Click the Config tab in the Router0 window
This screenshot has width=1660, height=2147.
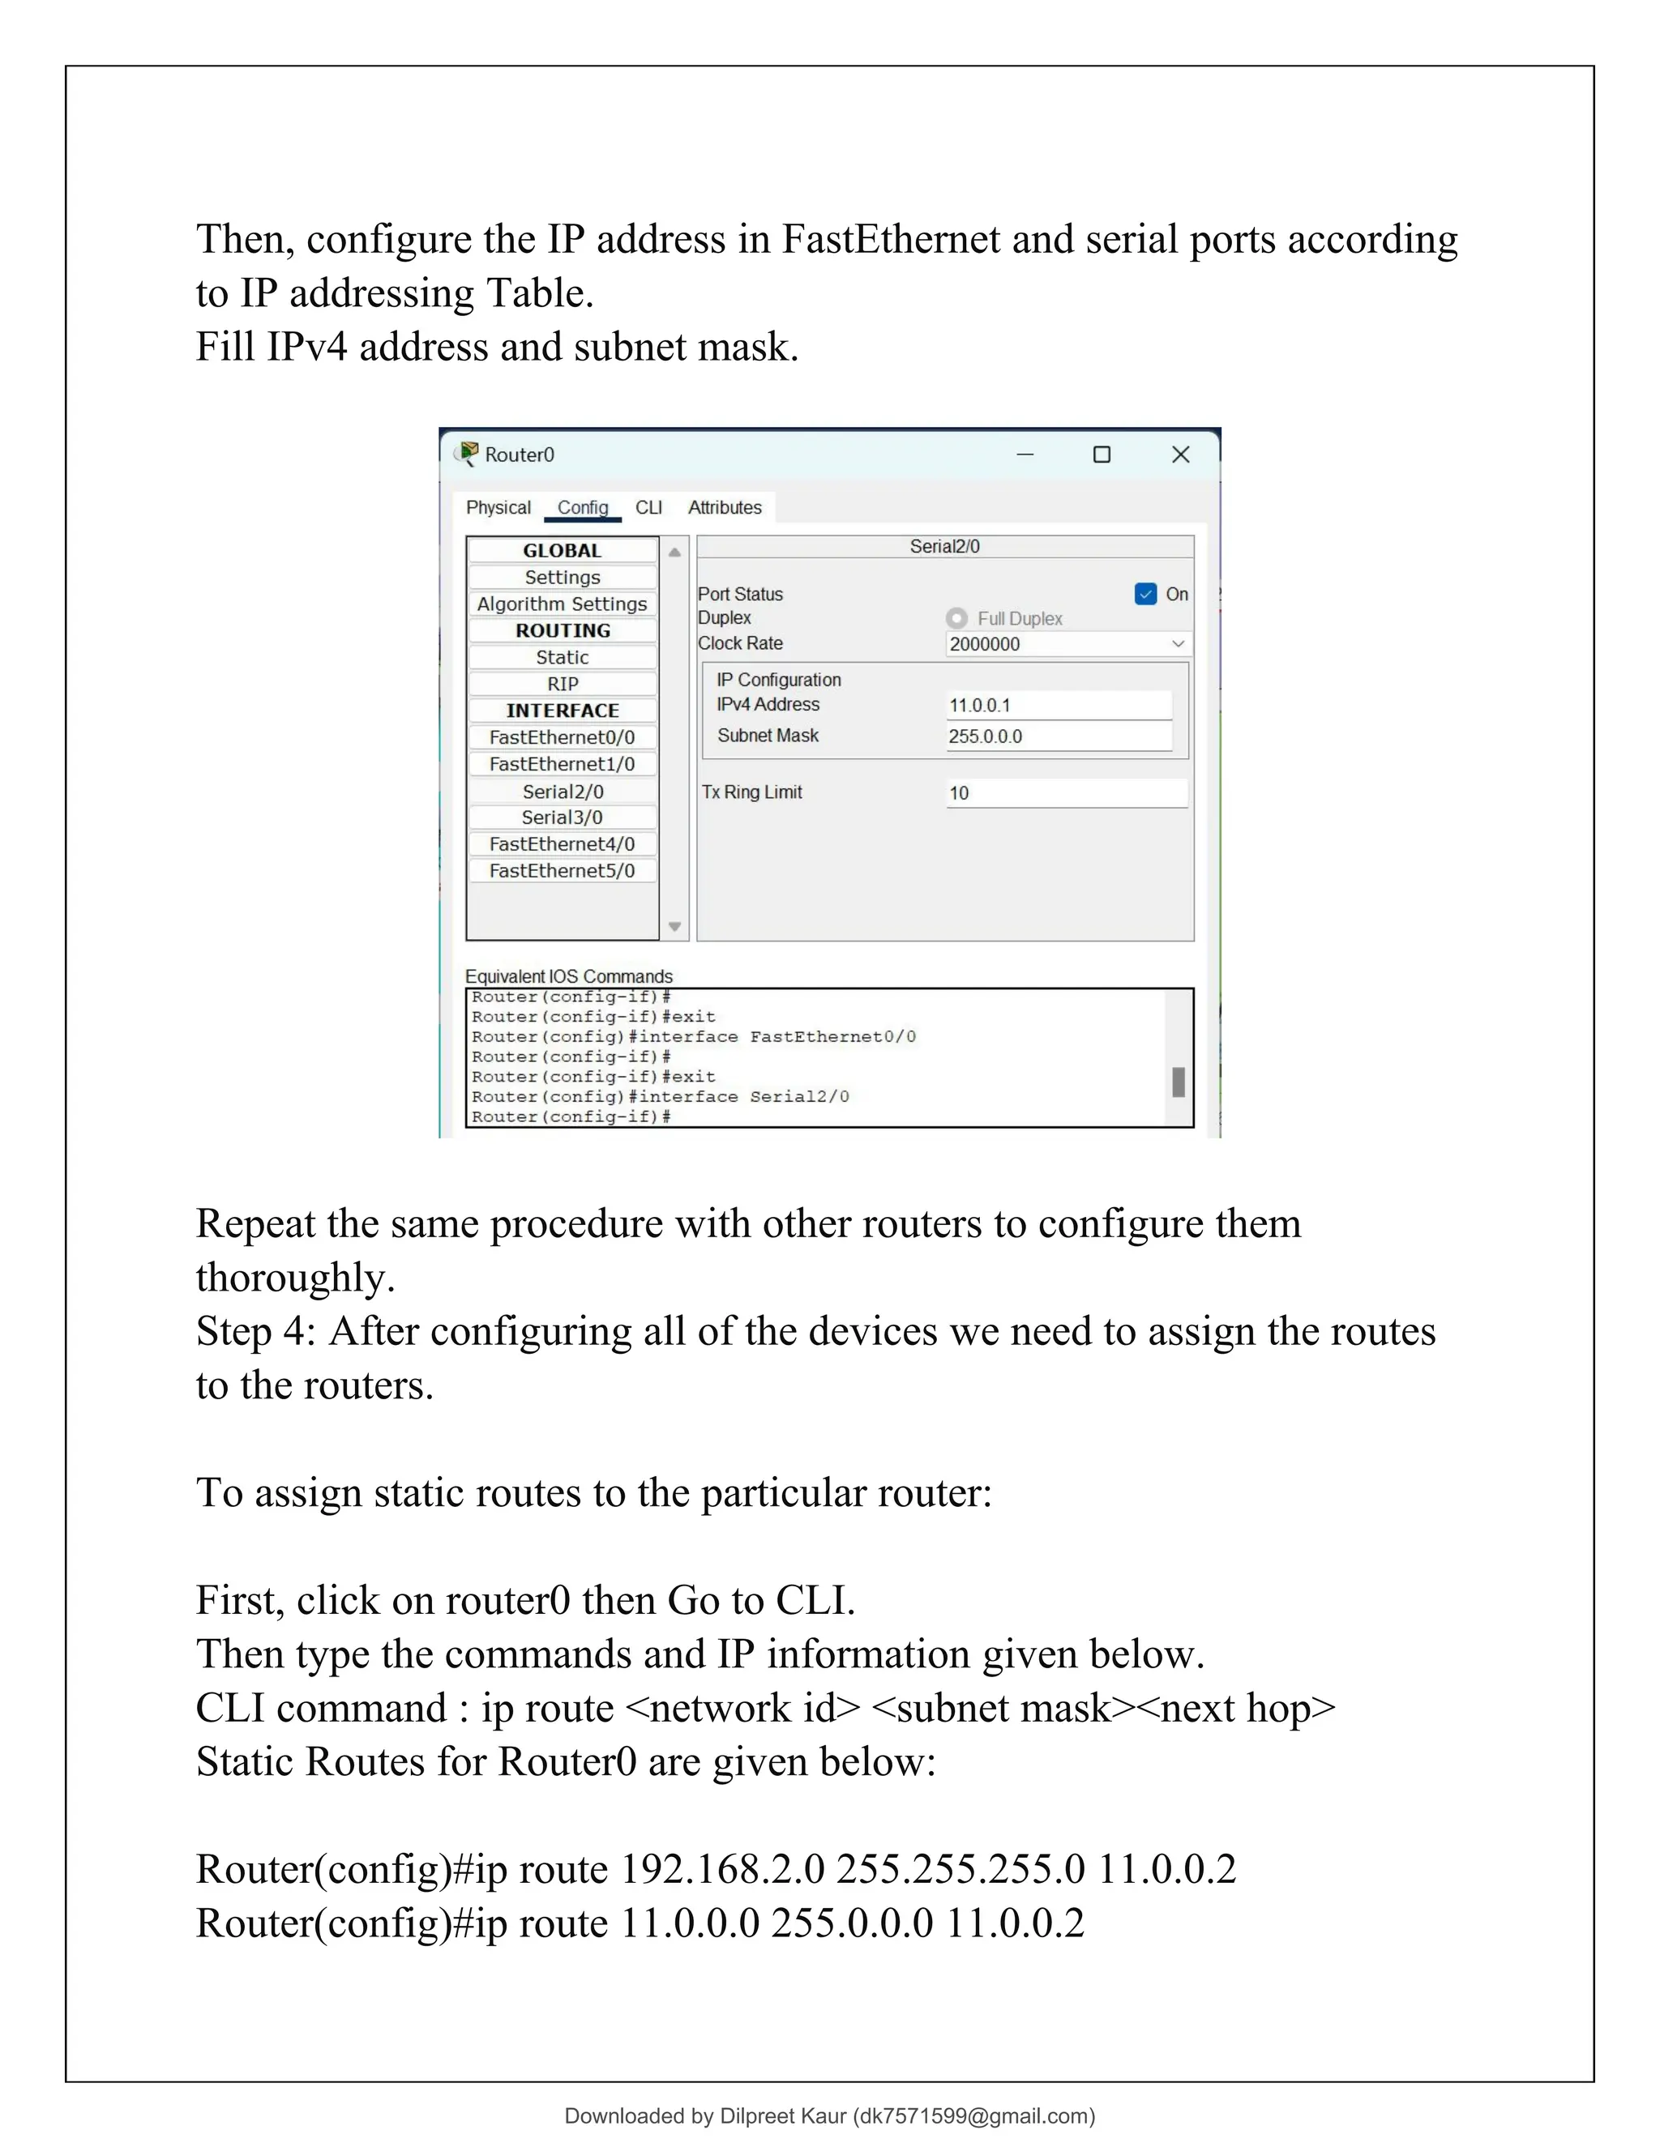[x=582, y=507]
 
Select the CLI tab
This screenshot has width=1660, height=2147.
[x=648, y=507]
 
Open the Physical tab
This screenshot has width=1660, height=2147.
[x=498, y=507]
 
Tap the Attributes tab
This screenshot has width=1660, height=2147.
[x=725, y=507]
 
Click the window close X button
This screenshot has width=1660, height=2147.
[x=1181, y=455]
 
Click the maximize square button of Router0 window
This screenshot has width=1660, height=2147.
[x=1102, y=455]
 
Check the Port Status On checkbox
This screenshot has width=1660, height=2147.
[x=1145, y=594]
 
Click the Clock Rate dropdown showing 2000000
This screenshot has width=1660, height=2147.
[x=1067, y=644]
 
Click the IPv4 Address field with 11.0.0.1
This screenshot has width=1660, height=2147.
[x=1058, y=705]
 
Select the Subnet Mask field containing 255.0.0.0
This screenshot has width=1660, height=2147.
[x=1058, y=736]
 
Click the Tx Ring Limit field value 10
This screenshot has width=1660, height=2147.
[x=1066, y=793]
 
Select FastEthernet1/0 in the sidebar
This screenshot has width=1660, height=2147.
[x=562, y=764]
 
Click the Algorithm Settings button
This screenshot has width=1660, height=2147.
[x=562, y=604]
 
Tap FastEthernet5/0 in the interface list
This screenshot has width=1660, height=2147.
[x=562, y=871]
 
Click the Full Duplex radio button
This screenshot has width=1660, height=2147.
[x=956, y=618]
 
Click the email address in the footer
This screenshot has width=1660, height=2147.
[x=973, y=2115]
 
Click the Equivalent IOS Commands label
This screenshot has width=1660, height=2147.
[x=568, y=976]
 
